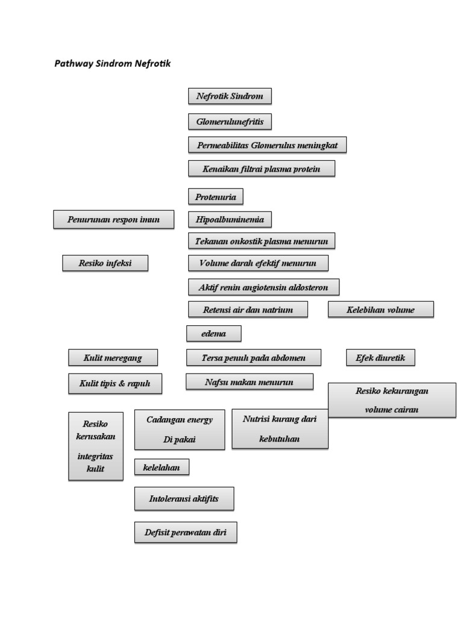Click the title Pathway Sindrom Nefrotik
[x=112, y=63]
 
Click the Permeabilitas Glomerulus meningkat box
[x=267, y=145]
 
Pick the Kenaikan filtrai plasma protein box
[x=261, y=169]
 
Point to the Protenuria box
[x=216, y=196]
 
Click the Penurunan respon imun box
[x=113, y=219]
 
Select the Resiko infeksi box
[x=105, y=263]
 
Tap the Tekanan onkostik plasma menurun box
[x=261, y=241]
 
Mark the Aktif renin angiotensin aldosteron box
[x=263, y=287]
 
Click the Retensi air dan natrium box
[x=248, y=310]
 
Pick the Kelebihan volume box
[x=380, y=310]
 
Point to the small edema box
[x=213, y=333]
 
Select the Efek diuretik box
[x=380, y=358]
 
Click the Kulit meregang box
[x=113, y=358]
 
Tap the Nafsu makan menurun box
[x=250, y=381]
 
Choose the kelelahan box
[x=162, y=467]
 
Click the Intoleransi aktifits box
[x=184, y=499]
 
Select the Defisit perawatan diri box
[x=185, y=532]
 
